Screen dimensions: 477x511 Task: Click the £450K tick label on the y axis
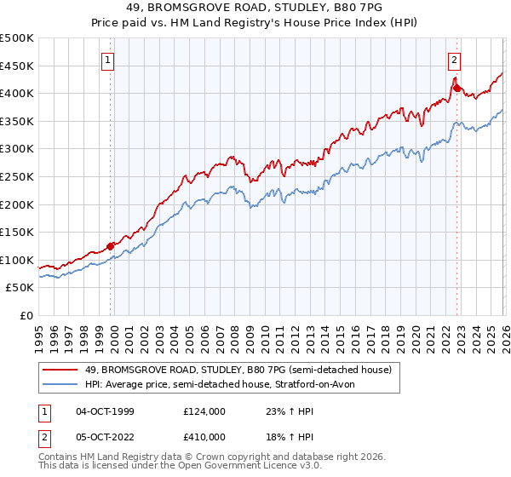pos(17,66)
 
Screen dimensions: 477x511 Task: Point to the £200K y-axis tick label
pos(17,204)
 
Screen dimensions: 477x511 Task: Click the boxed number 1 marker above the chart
pos(110,60)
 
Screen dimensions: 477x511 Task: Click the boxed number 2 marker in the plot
pos(455,60)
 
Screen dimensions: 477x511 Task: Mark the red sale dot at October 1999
pos(111,246)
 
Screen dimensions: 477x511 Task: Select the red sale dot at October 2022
pos(456,88)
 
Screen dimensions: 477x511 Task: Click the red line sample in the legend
pos(60,370)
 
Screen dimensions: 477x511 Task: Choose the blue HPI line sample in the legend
pos(60,385)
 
